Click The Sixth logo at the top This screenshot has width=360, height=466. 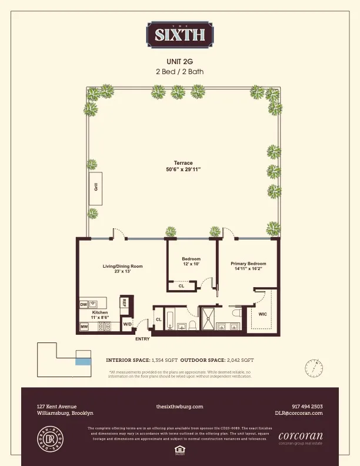[x=180, y=35]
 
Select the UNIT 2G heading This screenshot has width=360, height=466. [x=180, y=61]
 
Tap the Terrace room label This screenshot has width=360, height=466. [x=183, y=166]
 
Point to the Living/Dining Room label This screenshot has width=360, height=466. [x=123, y=268]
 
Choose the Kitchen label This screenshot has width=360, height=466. [x=99, y=315]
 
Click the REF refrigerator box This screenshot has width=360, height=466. [x=124, y=302]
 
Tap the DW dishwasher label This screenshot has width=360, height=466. [x=84, y=304]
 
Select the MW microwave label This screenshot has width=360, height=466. [x=84, y=327]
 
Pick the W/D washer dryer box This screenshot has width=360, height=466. [x=127, y=324]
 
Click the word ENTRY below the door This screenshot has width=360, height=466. [x=142, y=339]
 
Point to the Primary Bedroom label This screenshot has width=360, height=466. [x=248, y=266]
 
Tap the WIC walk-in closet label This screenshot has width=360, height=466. [x=262, y=314]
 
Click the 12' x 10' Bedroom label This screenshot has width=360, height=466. [x=191, y=262]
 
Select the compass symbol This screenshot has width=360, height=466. [x=314, y=368]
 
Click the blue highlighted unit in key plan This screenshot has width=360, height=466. [x=84, y=361]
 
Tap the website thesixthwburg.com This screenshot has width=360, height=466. [x=179, y=406]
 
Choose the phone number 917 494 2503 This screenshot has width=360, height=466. [x=306, y=406]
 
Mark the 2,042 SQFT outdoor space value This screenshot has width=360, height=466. [x=239, y=359]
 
